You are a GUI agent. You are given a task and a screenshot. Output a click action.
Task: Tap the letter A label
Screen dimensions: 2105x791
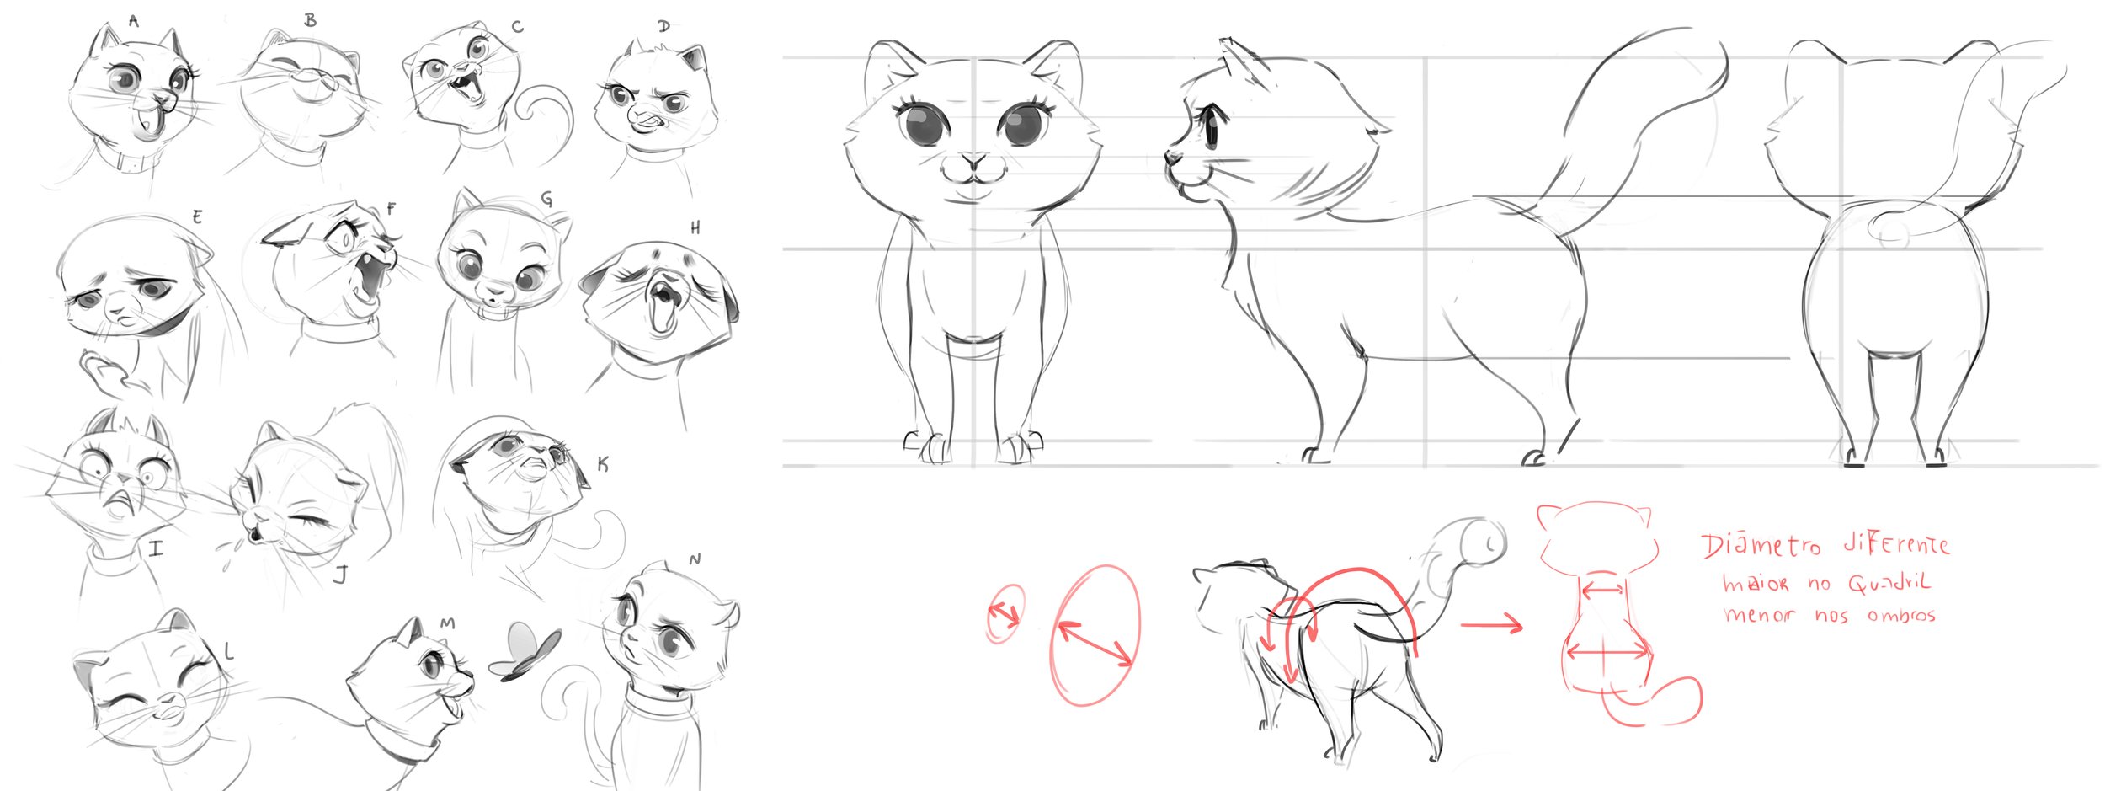134,21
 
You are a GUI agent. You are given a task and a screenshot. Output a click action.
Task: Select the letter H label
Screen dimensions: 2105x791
695,227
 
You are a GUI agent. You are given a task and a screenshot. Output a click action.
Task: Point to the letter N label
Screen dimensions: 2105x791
695,559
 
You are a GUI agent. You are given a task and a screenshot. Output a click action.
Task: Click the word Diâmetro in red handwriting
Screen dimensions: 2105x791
1761,545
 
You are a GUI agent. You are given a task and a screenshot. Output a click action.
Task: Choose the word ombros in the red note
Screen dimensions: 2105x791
1900,615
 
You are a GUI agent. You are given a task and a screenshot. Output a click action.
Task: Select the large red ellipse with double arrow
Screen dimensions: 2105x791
1095,635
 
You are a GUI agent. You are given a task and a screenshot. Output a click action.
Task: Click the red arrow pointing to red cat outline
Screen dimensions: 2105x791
1491,625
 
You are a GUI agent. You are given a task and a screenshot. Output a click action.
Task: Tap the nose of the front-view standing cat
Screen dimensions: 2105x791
974,160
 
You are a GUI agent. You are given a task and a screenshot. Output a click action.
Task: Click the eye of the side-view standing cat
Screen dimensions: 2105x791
1210,127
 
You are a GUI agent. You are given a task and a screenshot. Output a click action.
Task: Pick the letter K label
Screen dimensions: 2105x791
602,464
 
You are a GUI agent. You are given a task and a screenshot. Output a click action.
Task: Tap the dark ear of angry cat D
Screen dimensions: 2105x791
693,58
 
